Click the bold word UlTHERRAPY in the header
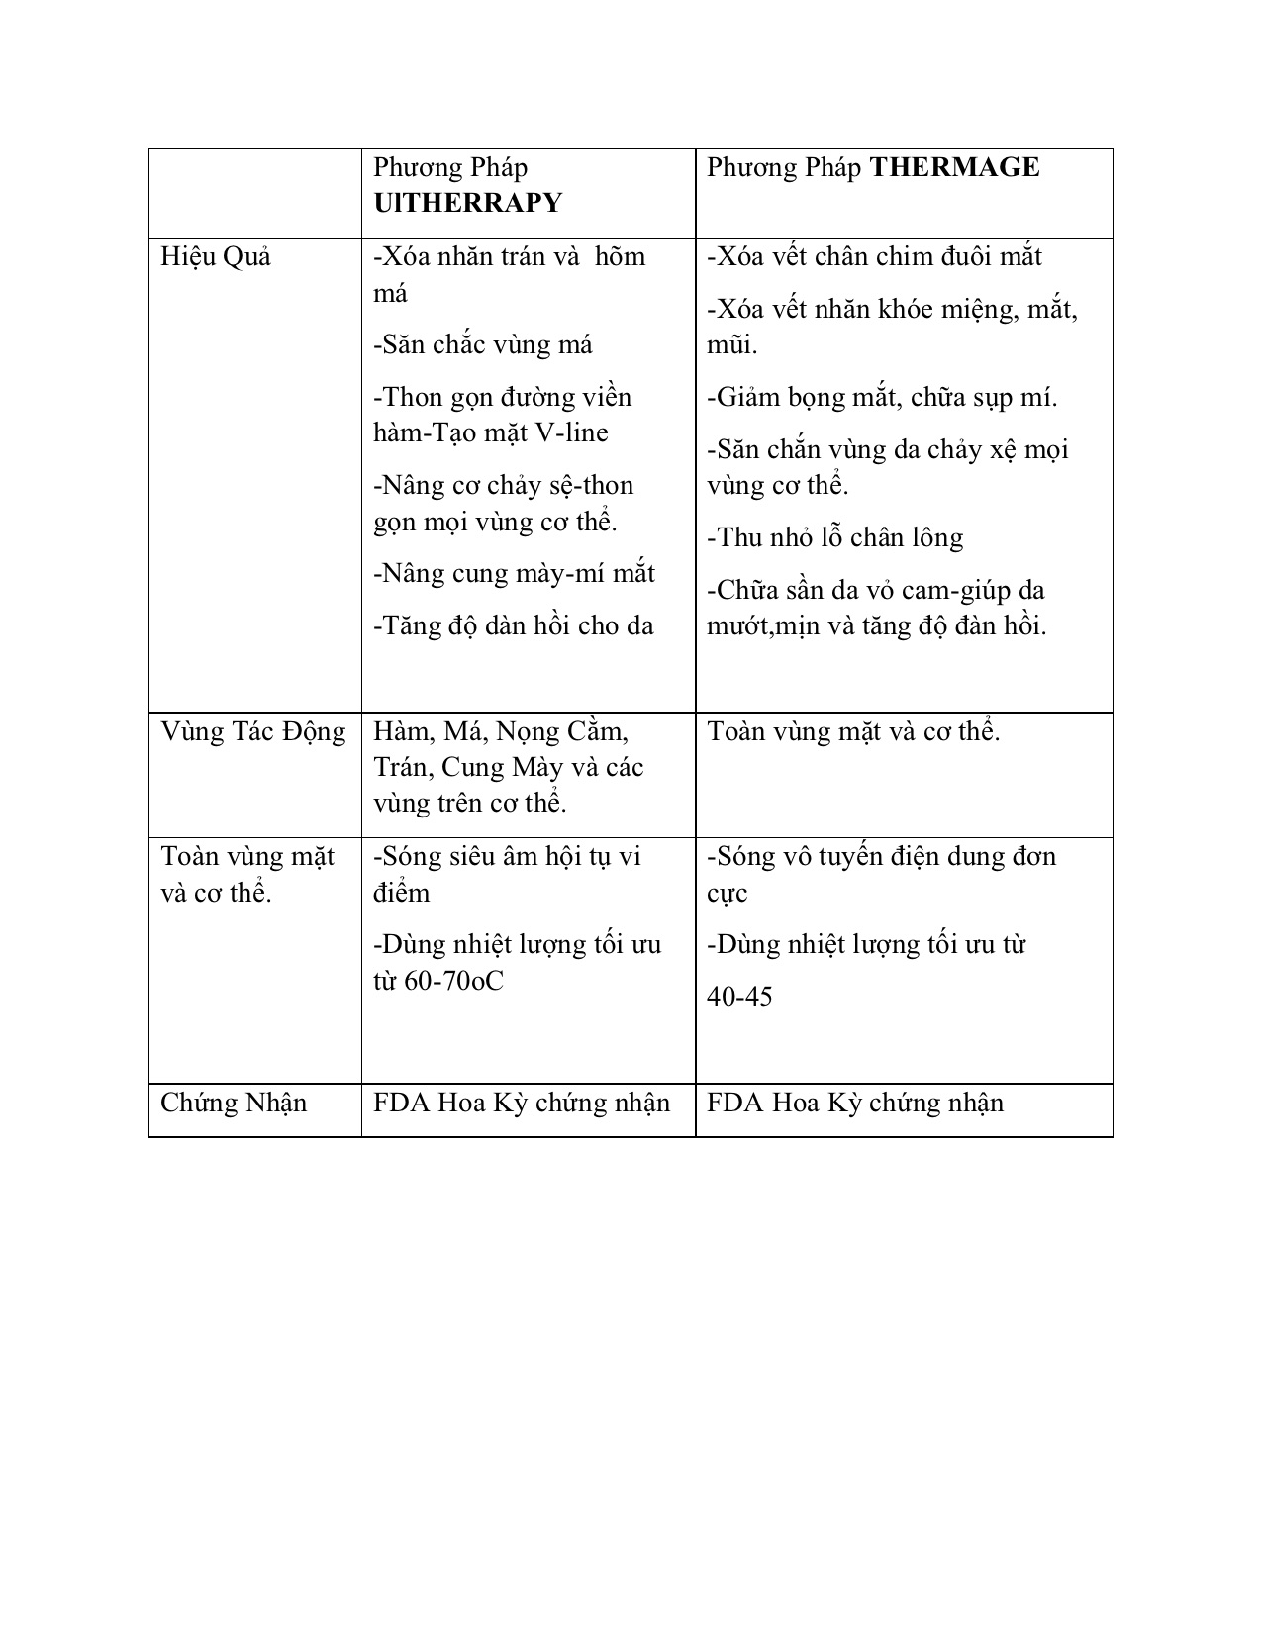(x=467, y=203)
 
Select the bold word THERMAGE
(x=954, y=167)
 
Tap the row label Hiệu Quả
(x=216, y=257)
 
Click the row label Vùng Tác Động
(x=253, y=732)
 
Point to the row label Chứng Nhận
(x=234, y=1103)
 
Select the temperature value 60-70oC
(x=454, y=981)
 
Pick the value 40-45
(x=739, y=996)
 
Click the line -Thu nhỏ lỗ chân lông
(x=834, y=537)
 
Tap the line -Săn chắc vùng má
(x=483, y=344)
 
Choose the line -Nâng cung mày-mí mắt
(x=514, y=573)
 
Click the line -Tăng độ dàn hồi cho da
(x=514, y=625)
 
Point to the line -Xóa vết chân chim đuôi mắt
(x=874, y=257)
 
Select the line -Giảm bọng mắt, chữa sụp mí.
(x=882, y=397)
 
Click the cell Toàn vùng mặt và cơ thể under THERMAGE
(x=853, y=732)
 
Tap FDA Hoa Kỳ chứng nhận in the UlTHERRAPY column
(x=522, y=1103)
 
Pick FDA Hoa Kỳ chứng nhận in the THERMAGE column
(x=855, y=1103)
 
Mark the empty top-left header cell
(x=254, y=193)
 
